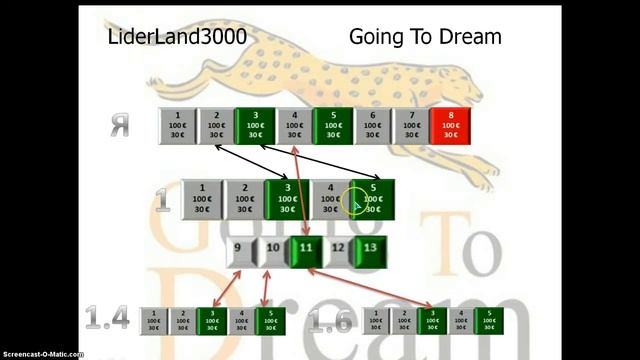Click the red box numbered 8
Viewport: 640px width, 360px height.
(x=450, y=125)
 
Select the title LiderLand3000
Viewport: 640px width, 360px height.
(x=177, y=38)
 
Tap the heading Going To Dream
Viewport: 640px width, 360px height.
(x=425, y=38)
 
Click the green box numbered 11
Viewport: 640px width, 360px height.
(x=306, y=248)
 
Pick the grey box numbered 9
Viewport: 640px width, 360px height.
(x=238, y=248)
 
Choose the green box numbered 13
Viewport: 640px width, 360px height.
(x=370, y=248)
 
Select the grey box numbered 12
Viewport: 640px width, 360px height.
(x=338, y=248)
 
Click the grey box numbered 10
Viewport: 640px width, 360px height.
(x=273, y=248)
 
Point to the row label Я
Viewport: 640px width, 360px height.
(x=120, y=127)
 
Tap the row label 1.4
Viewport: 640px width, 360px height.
(x=107, y=320)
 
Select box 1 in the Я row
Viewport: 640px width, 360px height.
(x=177, y=125)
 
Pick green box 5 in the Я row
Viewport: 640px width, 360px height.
(x=333, y=125)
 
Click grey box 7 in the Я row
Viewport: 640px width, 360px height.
(x=411, y=125)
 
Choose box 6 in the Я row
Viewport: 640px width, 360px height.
(x=372, y=125)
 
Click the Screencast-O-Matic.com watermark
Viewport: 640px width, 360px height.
(x=42, y=354)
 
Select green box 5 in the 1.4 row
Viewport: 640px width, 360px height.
(x=270, y=320)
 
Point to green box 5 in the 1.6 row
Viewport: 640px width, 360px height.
(x=489, y=320)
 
